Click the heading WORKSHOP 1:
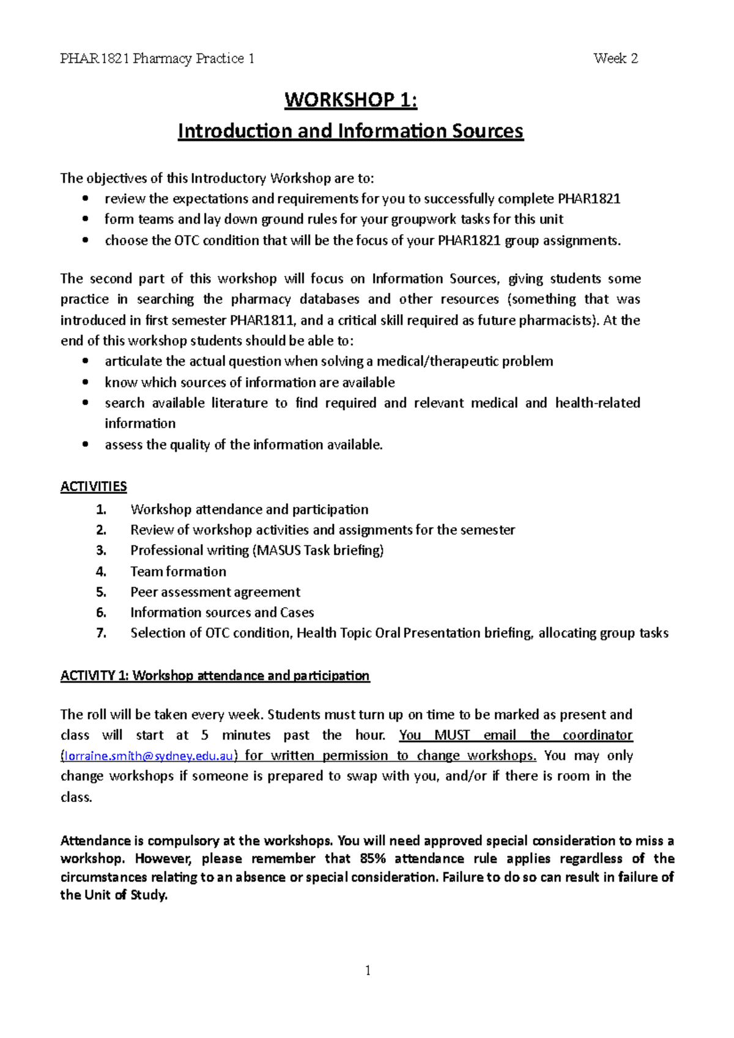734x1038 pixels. (350, 100)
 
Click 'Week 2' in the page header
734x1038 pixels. (615, 59)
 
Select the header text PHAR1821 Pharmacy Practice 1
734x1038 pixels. (157, 59)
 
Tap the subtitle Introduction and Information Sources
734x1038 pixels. (350, 131)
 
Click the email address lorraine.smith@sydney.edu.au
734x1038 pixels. (149, 756)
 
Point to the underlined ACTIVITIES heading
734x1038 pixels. (94, 487)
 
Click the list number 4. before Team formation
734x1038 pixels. (101, 572)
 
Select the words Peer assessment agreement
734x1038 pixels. (215, 592)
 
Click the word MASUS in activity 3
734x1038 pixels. (279, 550)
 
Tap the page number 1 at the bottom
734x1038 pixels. (368, 970)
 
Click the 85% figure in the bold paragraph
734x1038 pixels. (373, 858)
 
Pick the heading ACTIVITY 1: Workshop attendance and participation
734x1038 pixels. (215, 675)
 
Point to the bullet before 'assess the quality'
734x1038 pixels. (86, 445)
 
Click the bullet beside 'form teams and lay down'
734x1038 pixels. (86, 219)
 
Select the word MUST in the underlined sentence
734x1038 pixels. (451, 735)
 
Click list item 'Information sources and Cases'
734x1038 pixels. (222, 613)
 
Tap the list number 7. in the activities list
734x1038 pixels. (101, 633)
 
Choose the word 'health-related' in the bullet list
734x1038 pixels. (597, 403)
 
